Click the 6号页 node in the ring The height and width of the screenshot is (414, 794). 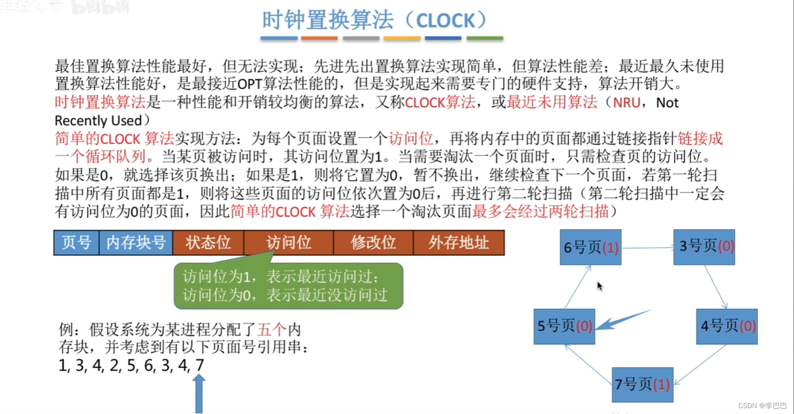[590, 247]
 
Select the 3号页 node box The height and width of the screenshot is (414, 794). [704, 247]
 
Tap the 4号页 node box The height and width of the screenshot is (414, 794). [726, 326]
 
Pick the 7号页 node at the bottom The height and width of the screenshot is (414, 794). [642, 385]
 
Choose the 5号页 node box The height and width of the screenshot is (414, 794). [564, 326]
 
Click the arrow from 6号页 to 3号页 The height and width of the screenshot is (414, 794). [647, 248]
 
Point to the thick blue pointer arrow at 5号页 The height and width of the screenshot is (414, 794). [621, 319]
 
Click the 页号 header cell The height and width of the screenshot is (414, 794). [77, 243]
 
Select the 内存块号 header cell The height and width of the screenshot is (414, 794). [136, 243]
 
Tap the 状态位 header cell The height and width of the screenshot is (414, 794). [208, 243]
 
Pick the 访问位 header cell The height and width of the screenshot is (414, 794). [289, 243]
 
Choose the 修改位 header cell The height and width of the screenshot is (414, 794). [373, 243]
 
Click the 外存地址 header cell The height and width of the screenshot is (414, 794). [459, 243]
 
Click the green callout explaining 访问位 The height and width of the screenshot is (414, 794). [288, 286]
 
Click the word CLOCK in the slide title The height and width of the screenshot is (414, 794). [445, 20]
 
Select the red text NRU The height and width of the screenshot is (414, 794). [626, 103]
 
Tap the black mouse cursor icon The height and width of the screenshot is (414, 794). [600, 286]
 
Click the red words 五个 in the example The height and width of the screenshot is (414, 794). [271, 330]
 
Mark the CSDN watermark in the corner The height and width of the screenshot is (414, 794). [762, 406]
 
